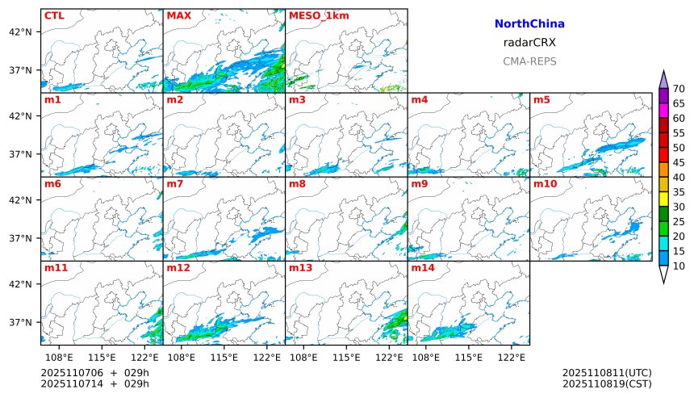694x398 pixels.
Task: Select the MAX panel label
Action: point(178,15)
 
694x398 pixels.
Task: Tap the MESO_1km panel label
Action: point(314,15)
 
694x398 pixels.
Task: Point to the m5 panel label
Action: point(541,100)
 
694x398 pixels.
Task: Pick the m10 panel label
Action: point(545,184)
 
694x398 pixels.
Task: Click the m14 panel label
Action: point(423,268)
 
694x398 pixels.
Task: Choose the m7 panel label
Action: point(175,184)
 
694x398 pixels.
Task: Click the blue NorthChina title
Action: point(529,24)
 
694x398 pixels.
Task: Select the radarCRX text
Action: point(529,43)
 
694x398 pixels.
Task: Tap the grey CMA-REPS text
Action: point(529,61)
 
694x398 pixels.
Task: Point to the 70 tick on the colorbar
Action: point(679,89)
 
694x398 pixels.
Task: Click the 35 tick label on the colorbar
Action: point(679,192)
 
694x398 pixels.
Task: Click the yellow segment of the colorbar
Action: point(663,199)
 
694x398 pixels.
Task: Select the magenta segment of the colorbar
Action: point(663,110)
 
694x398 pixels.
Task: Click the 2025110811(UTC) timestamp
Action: point(607,372)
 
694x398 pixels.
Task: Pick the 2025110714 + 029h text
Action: point(95,383)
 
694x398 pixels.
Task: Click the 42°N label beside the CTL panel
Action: point(19,31)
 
